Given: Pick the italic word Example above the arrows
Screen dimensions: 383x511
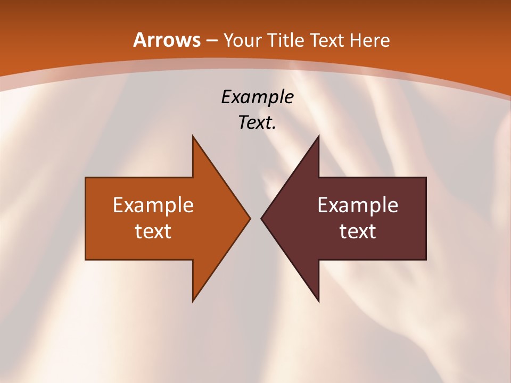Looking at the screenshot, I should point(257,97).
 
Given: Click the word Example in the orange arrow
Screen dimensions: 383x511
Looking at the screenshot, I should point(153,205).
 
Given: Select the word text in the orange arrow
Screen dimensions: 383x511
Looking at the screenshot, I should point(153,231).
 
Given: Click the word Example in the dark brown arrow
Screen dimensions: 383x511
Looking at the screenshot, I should point(358,205).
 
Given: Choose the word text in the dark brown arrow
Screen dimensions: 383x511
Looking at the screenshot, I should point(358,231).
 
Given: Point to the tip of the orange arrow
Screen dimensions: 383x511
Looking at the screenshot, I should point(250,218).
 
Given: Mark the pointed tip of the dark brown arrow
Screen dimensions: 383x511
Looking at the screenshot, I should point(261,218).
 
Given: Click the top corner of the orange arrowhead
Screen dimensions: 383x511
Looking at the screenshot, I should point(193,136).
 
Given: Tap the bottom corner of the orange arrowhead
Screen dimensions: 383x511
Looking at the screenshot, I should point(193,301).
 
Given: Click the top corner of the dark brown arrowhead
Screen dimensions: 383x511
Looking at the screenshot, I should point(318,136).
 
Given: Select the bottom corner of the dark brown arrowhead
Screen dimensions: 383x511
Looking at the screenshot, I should point(318,301).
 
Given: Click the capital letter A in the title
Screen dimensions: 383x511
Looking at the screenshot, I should point(139,40).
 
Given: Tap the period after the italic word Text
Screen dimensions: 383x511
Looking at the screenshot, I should point(274,128).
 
